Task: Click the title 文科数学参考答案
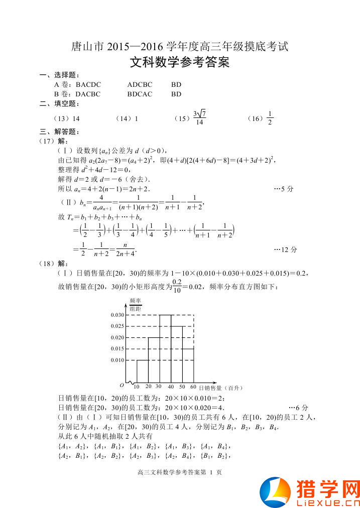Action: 180,63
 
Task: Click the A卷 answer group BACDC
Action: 88,85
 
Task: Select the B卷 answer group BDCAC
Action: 140,94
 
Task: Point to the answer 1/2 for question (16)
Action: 270,118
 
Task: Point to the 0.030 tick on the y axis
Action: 117,315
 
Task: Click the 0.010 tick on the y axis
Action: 117,360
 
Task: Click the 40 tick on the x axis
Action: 171,387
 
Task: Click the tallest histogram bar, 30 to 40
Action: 165,349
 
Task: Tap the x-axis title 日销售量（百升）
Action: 220,388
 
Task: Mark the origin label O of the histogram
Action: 122,386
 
